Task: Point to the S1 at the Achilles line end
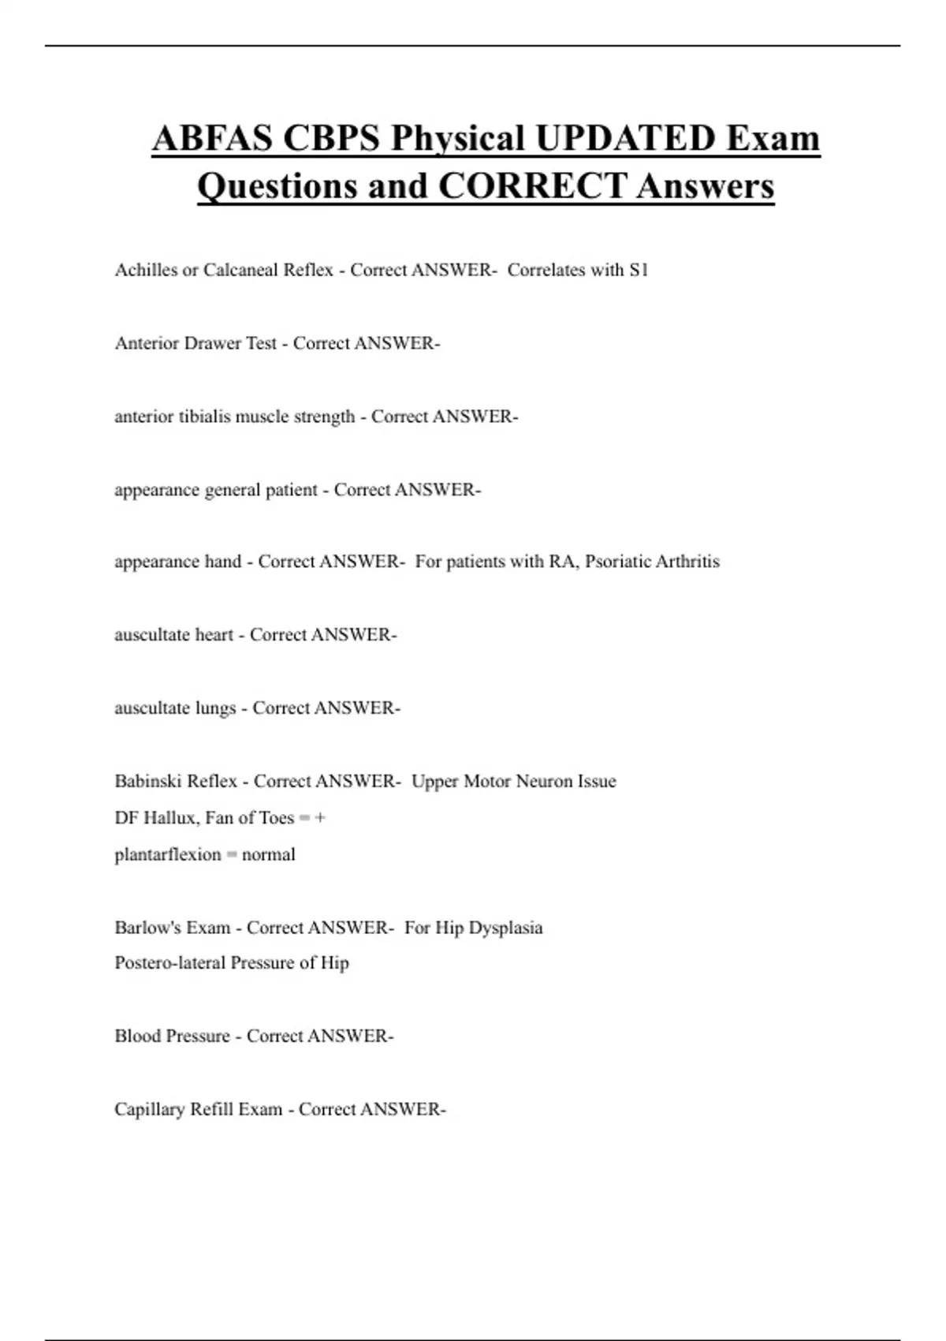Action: tap(639, 270)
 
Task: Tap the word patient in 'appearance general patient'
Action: tap(291, 490)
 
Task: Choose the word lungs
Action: tap(214, 708)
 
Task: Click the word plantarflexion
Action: tap(168, 854)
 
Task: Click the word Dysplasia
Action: tap(505, 928)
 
